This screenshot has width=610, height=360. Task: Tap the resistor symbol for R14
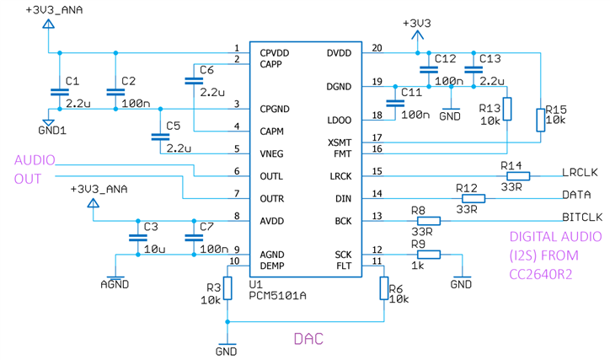pyautogui.click(x=513, y=176)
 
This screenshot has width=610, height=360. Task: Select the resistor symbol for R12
pyautogui.click(x=474, y=199)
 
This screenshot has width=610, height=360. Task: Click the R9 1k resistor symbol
pyautogui.click(x=428, y=254)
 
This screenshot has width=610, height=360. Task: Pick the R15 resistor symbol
pyautogui.click(x=540, y=120)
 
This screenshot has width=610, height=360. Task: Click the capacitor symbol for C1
pyautogui.click(x=58, y=93)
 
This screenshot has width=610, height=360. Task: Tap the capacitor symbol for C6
pyautogui.click(x=194, y=81)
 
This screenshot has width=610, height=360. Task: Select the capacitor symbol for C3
pyautogui.click(x=136, y=238)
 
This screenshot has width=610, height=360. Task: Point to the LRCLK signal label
pyautogui.click(x=579, y=172)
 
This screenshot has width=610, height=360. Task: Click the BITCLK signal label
pyautogui.click(x=582, y=217)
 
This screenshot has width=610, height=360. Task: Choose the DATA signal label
pyautogui.click(x=577, y=194)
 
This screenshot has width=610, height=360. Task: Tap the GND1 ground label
pyautogui.click(x=52, y=130)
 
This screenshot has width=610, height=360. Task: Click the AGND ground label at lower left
pyautogui.click(x=115, y=284)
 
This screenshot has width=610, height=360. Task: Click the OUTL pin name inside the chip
pyautogui.click(x=271, y=176)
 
